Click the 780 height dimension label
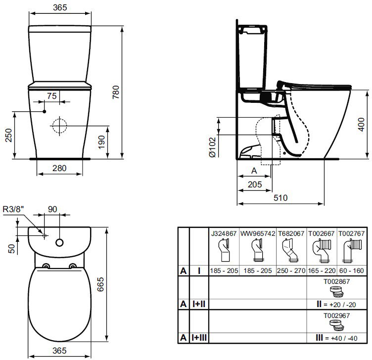116,92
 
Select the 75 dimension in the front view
52,96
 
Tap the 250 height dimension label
8,135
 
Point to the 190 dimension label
101,142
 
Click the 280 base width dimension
59,168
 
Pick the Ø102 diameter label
213,147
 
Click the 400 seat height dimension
361,125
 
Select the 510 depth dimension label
280,197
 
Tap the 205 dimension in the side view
255,184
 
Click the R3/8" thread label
13,209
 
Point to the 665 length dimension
100,284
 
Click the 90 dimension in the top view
52,209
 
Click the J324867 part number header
224,233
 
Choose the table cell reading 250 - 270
291,270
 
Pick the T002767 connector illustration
352,251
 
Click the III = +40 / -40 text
336,338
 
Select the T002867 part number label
337,281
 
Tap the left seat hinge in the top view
46,266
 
